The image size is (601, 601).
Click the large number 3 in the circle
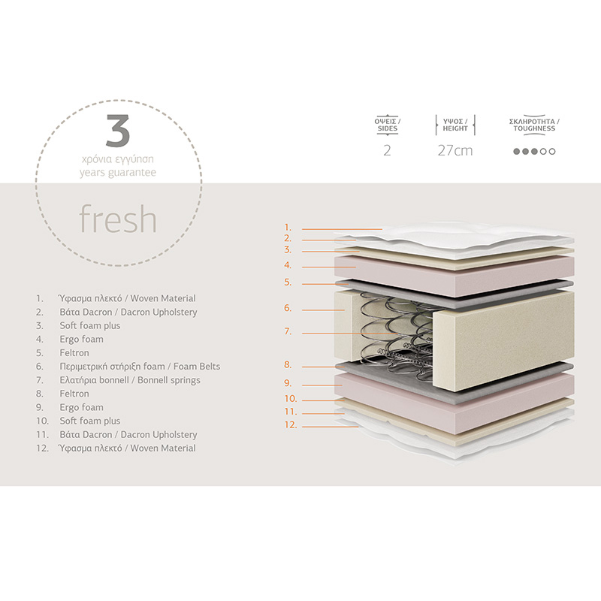118,131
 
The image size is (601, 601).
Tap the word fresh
118,219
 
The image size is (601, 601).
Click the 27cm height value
455,150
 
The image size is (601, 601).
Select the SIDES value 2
387,150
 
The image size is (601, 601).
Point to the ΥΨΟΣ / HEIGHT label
455,124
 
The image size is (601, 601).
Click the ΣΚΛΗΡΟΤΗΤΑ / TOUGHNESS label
534,124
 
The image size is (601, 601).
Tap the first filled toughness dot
516,151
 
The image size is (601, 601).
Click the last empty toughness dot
553,151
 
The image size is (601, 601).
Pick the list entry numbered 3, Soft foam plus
90,326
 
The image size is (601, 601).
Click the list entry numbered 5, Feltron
74,353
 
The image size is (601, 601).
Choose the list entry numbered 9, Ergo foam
81,407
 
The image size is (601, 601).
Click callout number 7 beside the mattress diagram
287,331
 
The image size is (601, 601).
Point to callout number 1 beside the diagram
287,227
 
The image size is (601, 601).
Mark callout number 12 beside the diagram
289,425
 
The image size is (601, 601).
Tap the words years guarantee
118,173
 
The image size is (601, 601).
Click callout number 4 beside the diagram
287,265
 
